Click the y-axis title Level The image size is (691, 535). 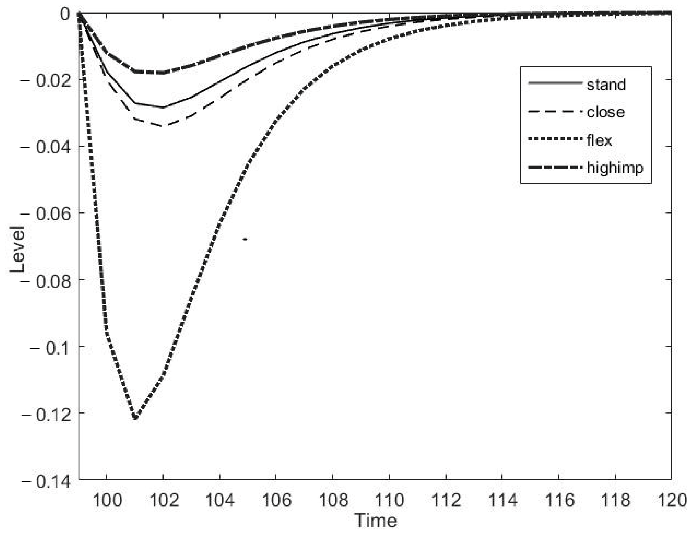pos(17,249)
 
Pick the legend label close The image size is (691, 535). pos(606,112)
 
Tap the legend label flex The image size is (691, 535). pos(599,140)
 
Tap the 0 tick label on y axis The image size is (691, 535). pos(65,14)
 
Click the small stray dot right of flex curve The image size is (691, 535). pos(245,239)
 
